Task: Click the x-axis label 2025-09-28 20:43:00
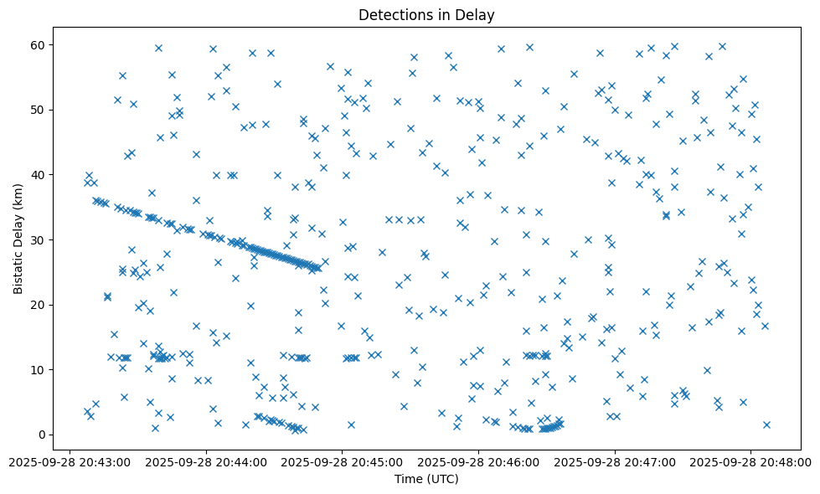tap(70, 461)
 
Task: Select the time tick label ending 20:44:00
tap(206, 461)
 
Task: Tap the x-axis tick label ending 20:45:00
tap(343, 461)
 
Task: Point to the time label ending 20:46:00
tap(478, 461)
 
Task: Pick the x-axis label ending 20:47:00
tap(615, 461)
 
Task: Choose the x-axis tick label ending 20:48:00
tap(751, 461)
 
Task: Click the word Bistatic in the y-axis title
tap(18, 271)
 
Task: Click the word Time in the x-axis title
tap(409, 479)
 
